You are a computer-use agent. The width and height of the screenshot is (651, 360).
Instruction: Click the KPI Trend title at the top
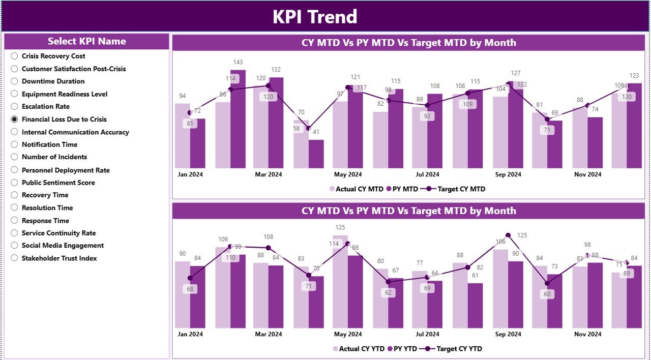(315, 17)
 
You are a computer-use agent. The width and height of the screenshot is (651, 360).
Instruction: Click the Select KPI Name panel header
(87, 42)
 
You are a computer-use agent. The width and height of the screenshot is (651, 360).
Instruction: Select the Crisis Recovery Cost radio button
(14, 56)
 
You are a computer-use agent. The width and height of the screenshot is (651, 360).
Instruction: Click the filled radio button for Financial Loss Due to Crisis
(14, 119)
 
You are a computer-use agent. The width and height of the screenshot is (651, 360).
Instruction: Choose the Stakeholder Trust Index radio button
(14, 258)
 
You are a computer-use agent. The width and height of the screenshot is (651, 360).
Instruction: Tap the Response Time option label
(45, 221)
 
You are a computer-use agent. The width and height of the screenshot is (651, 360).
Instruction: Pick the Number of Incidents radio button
(14, 157)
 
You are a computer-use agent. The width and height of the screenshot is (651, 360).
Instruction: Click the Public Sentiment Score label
(58, 183)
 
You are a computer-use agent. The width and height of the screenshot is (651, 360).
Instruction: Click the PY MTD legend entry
(402, 189)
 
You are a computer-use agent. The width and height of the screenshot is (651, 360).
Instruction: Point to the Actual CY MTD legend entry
(357, 189)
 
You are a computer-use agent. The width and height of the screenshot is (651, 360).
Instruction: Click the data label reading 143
(238, 63)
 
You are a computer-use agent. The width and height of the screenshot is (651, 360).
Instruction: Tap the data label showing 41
(316, 132)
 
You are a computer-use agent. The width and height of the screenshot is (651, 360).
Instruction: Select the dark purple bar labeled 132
(276, 122)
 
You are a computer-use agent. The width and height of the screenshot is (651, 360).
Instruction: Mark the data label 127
(515, 73)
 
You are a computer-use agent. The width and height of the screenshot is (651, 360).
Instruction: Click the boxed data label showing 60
(547, 294)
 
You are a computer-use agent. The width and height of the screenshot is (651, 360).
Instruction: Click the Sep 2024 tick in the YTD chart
(508, 334)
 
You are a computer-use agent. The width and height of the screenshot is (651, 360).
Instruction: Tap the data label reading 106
(500, 242)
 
